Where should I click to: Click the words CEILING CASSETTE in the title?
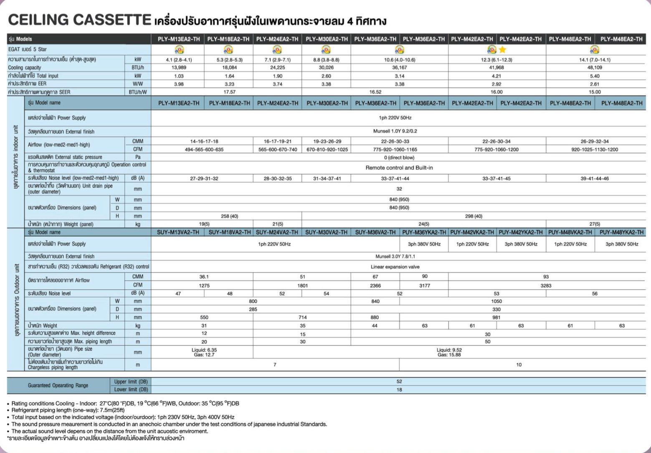79,20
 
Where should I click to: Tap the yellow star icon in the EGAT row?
502,50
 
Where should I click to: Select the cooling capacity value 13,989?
178,68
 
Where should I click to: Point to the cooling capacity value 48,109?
595,68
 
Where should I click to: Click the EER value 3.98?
178,84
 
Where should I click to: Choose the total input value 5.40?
595,76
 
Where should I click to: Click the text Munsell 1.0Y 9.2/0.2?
395,131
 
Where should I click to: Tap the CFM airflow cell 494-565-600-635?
204,149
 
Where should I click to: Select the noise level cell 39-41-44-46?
595,179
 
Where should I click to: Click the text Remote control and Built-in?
399,168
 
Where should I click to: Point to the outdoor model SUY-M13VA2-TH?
178,232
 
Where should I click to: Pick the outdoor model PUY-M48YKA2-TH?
621,232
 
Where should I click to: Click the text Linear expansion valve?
395,267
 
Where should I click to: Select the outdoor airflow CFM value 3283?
546,286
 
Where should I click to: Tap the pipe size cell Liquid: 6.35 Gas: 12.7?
204,352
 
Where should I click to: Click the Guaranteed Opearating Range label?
58,385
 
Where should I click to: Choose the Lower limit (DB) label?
131,390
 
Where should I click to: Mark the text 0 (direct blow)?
399,158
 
